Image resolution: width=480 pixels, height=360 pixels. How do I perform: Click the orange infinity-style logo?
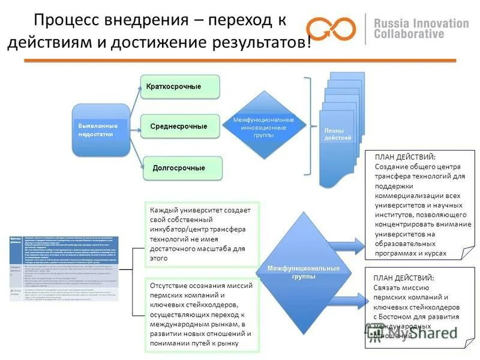coord(331,28)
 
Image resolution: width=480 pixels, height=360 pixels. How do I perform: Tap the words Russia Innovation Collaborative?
coord(421,28)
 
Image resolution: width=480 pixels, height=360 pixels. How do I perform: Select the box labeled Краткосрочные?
coord(179,87)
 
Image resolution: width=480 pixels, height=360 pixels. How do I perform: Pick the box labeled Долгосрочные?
coord(182,168)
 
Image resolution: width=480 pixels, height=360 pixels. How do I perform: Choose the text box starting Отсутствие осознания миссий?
coord(201,314)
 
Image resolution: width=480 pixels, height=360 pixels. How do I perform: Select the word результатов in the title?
coord(260,44)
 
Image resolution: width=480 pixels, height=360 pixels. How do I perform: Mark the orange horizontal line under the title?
coord(240,61)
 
